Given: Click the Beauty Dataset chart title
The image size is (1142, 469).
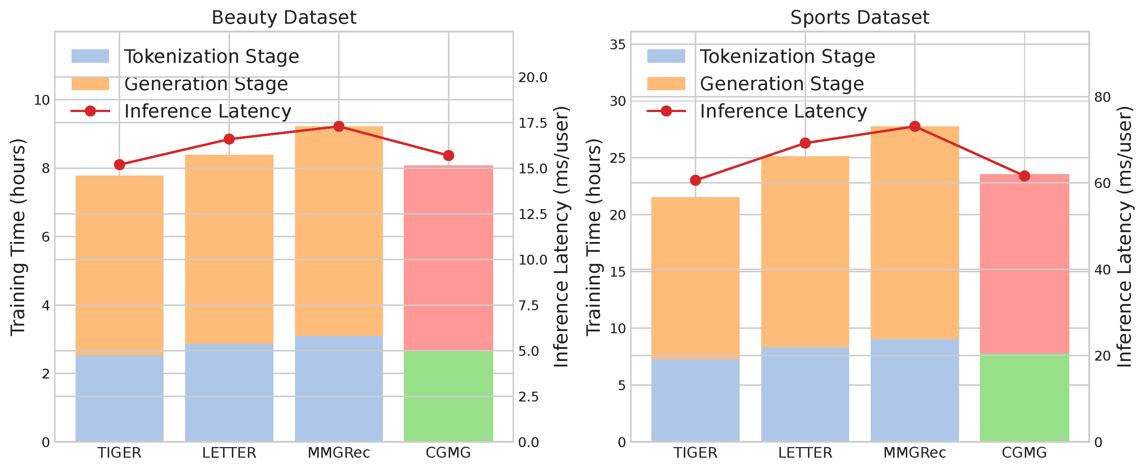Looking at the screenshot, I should click(x=284, y=18).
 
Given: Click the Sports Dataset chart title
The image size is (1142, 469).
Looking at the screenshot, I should click(x=859, y=18).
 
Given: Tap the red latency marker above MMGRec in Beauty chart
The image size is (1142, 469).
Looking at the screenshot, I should click(x=339, y=127).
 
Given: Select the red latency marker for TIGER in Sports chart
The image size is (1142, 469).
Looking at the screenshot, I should click(x=695, y=180).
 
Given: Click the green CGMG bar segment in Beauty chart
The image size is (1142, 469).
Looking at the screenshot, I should click(x=448, y=396).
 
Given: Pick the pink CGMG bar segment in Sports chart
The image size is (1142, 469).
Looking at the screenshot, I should click(x=1024, y=264).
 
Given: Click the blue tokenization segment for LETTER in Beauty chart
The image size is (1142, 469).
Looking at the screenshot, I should click(x=229, y=392).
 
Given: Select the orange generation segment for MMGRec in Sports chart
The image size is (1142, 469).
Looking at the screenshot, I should click(x=915, y=233).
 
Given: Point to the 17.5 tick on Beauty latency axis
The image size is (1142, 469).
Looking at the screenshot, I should click(x=533, y=123).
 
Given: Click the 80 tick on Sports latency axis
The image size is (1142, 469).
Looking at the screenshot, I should click(x=1102, y=97).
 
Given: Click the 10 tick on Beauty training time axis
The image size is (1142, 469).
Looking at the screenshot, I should click(x=42, y=100).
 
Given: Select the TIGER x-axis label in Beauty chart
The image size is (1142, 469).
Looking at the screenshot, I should click(x=119, y=453).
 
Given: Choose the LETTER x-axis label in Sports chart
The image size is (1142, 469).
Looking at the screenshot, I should click(x=805, y=453).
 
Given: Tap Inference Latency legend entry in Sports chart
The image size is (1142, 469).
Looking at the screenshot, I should click(x=783, y=111).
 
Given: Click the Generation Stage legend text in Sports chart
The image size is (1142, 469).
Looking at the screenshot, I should click(x=782, y=84).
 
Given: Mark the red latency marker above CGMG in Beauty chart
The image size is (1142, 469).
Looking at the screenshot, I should click(x=448, y=155).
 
